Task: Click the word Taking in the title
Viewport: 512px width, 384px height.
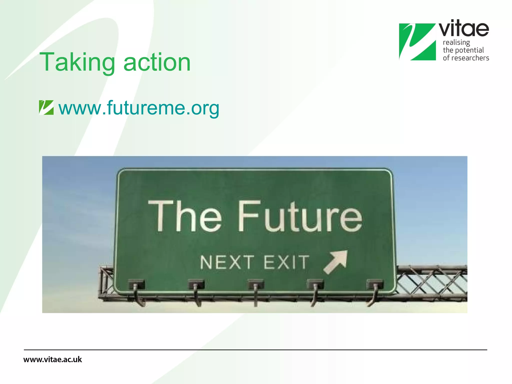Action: coord(77,62)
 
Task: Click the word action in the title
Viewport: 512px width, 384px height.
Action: coord(157,62)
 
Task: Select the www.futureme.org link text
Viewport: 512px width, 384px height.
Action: coord(139,108)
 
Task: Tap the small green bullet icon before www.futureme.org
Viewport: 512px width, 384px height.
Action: coord(46,107)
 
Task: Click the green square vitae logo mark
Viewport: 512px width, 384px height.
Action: coord(417,42)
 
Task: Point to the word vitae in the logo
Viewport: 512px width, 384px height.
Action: coord(464,29)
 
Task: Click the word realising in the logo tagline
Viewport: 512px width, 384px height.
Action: coord(456,42)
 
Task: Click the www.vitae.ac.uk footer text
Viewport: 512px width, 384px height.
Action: coord(52,359)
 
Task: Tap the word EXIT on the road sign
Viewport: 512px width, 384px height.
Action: coord(286,262)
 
